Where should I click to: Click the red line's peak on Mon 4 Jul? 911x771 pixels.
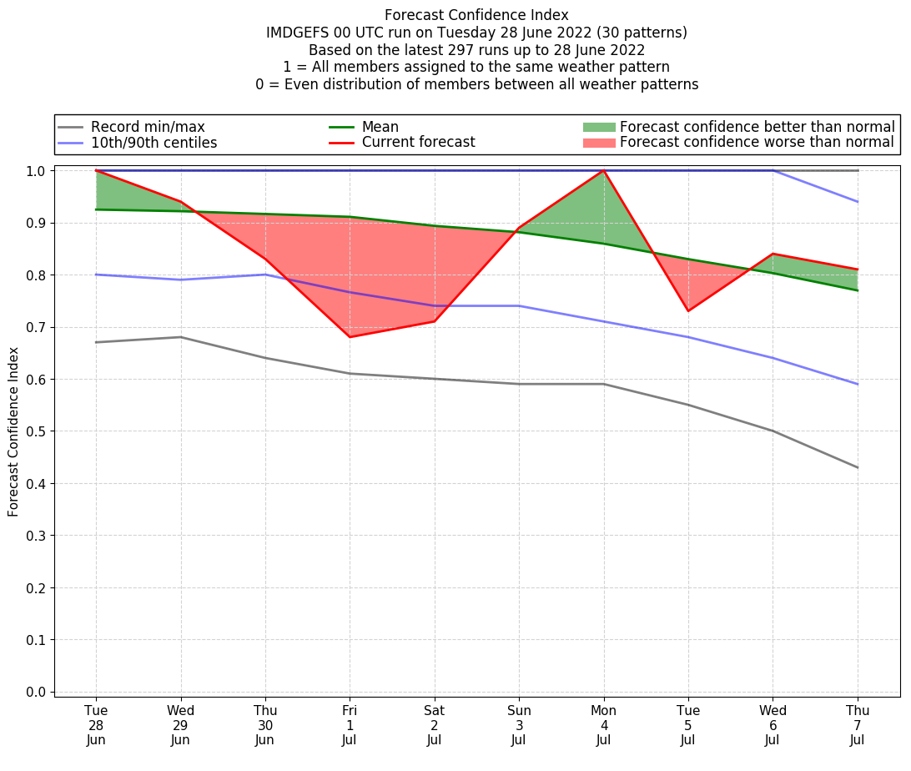[x=603, y=170]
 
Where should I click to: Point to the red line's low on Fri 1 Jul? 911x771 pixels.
[x=350, y=337]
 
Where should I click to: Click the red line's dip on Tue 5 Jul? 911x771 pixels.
[x=688, y=311]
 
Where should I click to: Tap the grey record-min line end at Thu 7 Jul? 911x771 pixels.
[x=858, y=467]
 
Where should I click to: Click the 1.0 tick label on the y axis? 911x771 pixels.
[x=36, y=171]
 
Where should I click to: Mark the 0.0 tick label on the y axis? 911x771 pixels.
[x=36, y=692]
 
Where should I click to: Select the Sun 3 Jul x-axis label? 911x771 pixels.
[x=519, y=725]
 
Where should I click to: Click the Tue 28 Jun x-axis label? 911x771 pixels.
[x=96, y=725]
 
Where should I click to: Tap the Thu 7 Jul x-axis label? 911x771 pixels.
[x=858, y=725]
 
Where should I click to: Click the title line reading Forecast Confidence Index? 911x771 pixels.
[x=476, y=15]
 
